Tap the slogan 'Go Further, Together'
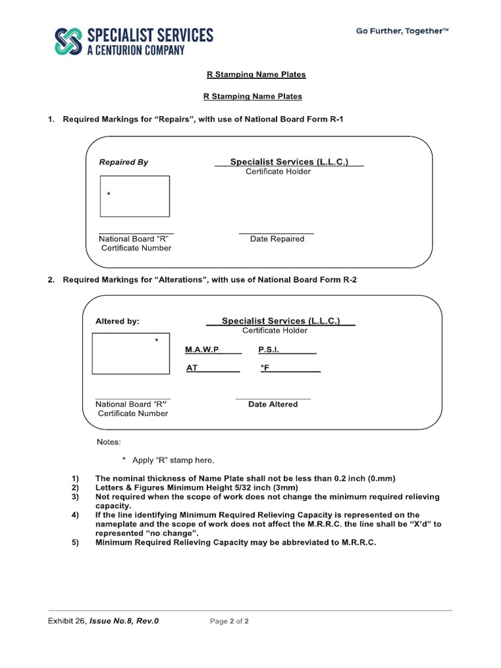[402, 31]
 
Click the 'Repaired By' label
[123, 162]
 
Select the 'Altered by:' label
[117, 321]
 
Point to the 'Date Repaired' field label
[277, 239]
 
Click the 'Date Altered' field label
[273, 404]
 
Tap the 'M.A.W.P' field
[203, 350]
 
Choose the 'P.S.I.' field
[269, 350]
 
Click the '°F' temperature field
[265, 368]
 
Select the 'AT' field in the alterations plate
[192, 368]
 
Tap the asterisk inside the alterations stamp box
[157, 341]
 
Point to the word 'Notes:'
[109, 442]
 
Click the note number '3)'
[75, 496]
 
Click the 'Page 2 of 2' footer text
[229, 621]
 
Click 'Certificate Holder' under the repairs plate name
[278, 172]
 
